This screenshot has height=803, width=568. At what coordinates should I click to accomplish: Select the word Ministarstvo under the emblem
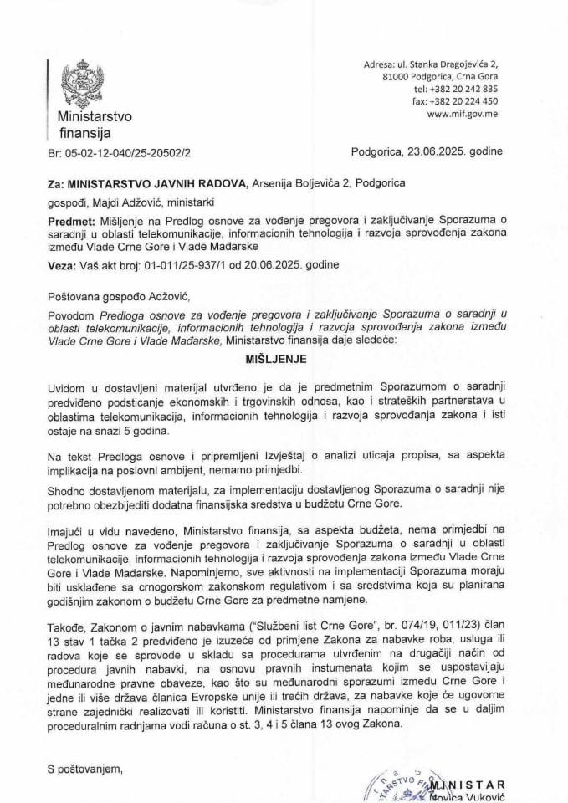coord(94,116)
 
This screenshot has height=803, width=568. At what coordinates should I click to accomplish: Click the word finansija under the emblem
coord(84,132)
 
